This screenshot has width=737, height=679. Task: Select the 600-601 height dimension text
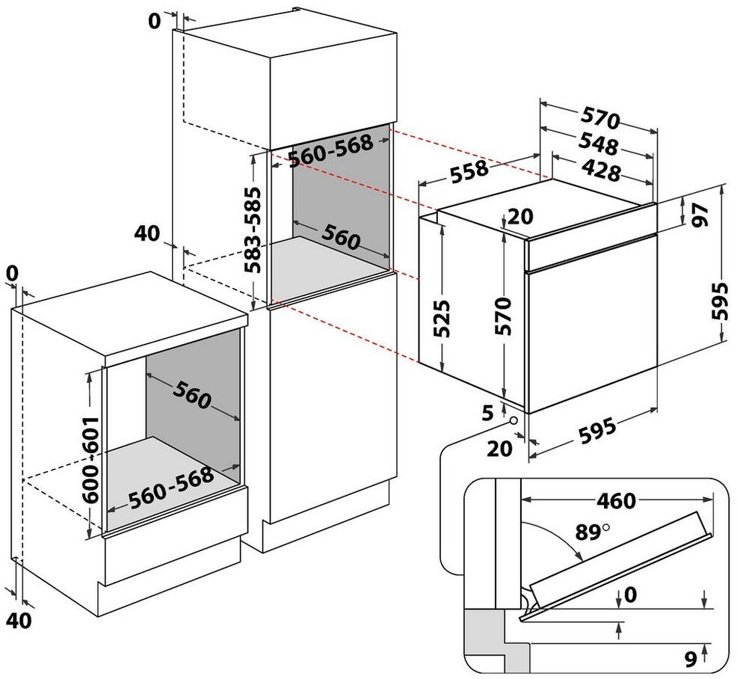click(90, 459)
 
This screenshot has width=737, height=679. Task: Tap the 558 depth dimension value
click(469, 171)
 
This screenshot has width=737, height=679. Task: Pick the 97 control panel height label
click(700, 215)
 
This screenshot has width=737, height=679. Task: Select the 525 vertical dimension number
click(441, 319)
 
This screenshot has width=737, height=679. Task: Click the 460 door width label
click(616, 501)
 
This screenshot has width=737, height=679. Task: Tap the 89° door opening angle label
click(592, 532)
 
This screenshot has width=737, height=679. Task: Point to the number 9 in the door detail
click(691, 659)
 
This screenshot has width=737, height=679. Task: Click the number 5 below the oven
click(488, 414)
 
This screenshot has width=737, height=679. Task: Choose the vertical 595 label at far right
click(719, 301)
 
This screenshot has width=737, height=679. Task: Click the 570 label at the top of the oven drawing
click(601, 117)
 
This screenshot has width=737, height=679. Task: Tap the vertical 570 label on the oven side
click(502, 316)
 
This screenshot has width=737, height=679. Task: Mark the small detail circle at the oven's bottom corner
click(514, 420)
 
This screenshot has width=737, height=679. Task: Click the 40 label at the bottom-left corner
click(19, 620)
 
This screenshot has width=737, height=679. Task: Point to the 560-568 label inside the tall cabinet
click(330, 151)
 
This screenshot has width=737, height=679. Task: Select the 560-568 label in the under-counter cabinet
click(171, 488)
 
